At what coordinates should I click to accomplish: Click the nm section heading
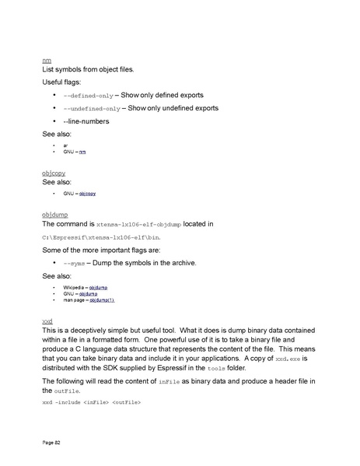click(46, 60)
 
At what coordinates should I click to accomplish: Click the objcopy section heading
click(53, 173)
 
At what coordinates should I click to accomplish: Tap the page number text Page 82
click(52, 442)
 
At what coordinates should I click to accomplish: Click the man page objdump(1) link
click(102, 300)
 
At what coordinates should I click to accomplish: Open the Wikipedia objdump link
click(98, 287)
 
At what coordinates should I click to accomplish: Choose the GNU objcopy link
click(86, 192)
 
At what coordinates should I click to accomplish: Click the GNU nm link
click(83, 152)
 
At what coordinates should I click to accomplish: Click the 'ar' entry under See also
click(65, 145)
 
